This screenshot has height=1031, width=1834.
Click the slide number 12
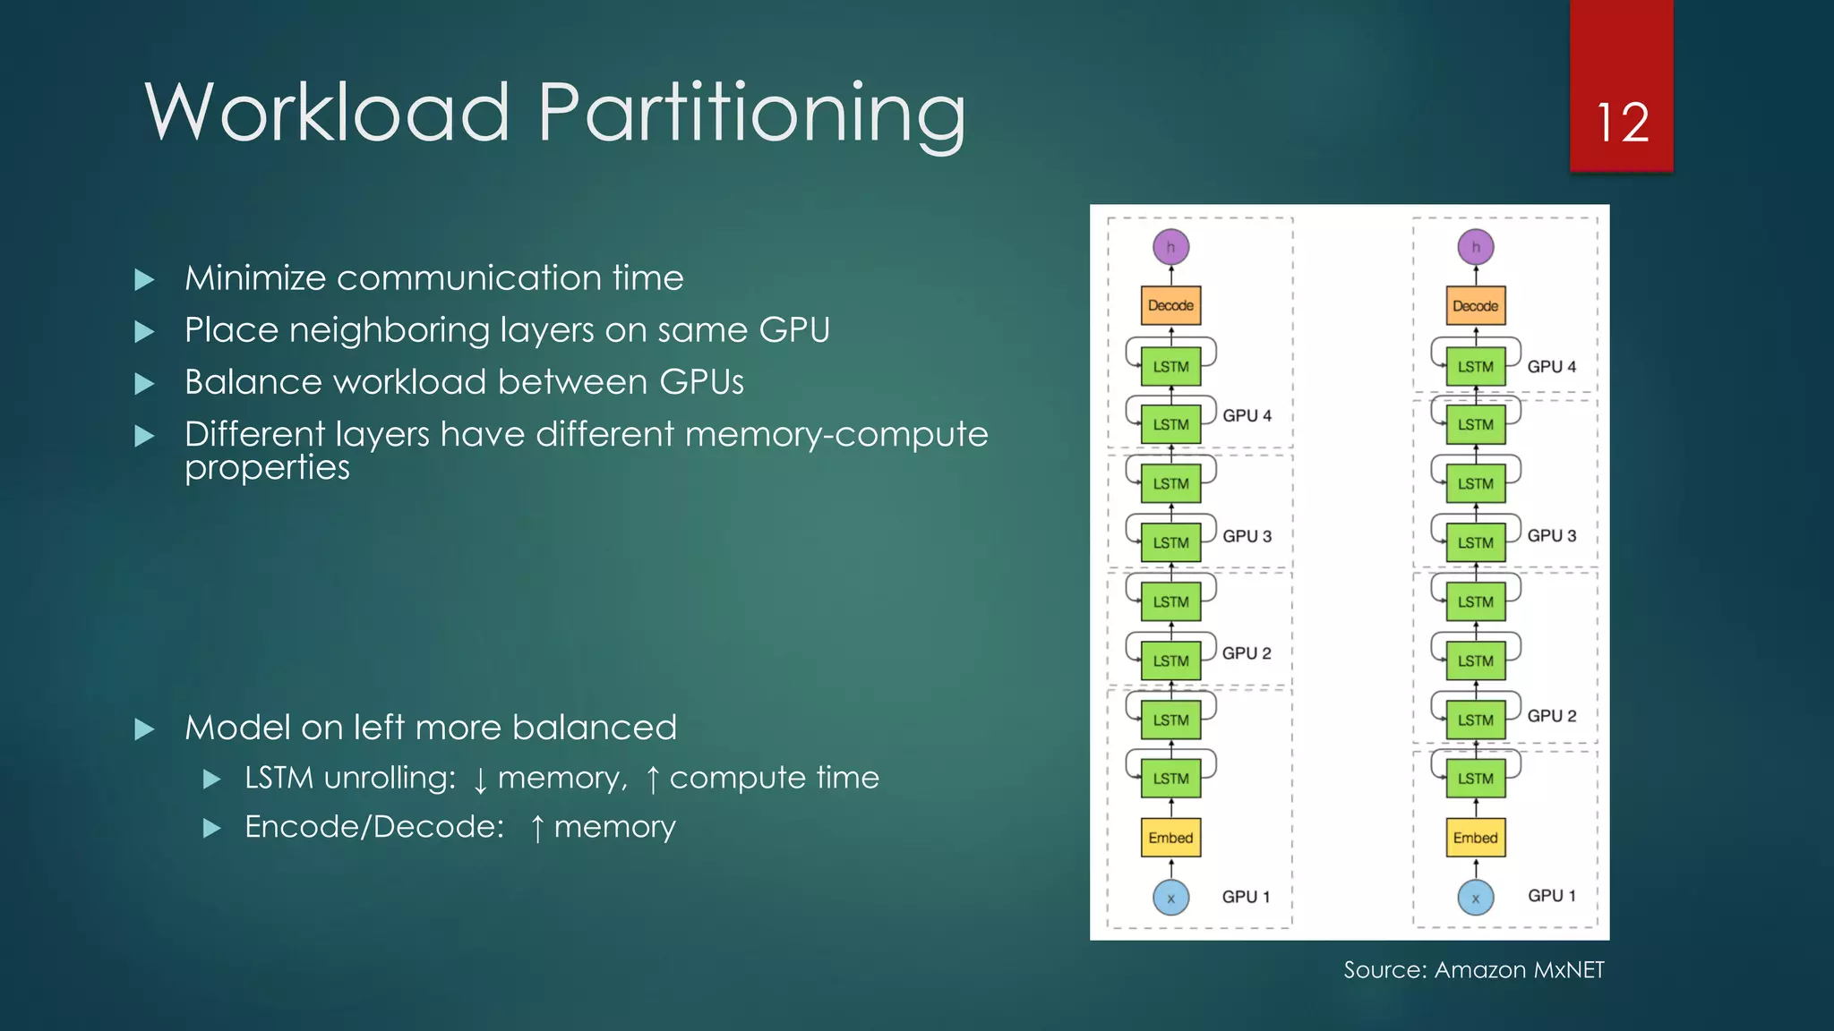(x=1622, y=123)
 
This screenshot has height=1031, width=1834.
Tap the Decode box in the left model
(x=1170, y=305)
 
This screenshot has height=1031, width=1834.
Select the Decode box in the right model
(x=1475, y=305)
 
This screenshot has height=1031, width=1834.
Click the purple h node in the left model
(x=1170, y=247)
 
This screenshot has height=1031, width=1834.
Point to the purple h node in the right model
(x=1475, y=247)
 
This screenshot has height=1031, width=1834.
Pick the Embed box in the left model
(x=1170, y=838)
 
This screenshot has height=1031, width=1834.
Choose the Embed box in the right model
(x=1475, y=838)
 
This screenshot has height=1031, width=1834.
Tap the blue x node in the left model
(x=1170, y=897)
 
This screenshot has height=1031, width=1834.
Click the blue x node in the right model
(x=1475, y=897)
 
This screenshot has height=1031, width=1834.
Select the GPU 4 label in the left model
(x=1247, y=415)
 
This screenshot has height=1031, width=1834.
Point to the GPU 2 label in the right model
(x=1551, y=716)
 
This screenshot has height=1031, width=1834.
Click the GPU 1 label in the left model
(x=1246, y=897)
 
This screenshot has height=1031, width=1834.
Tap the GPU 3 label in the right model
(x=1551, y=535)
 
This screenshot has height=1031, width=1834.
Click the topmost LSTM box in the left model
(x=1170, y=367)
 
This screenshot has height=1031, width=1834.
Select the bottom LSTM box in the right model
(x=1475, y=779)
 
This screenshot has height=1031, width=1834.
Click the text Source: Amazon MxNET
(x=1473, y=970)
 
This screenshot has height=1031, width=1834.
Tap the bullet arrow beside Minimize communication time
(x=144, y=280)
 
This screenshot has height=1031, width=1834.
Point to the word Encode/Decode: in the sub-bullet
(x=374, y=827)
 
